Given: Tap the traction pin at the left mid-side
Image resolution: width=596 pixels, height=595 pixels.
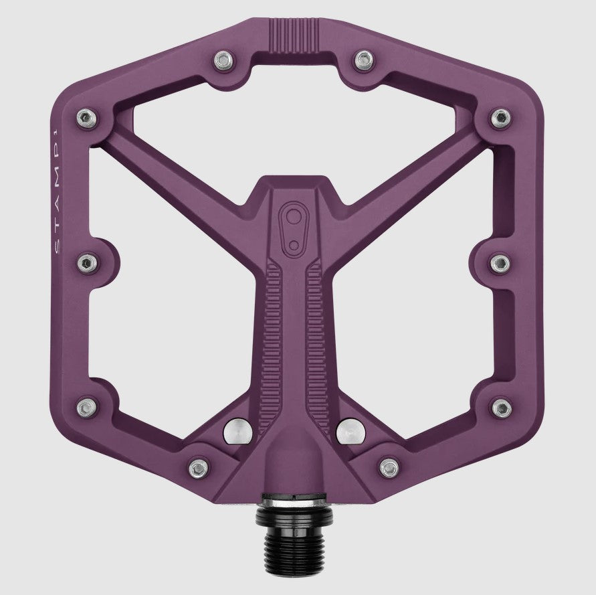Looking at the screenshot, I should point(87,263).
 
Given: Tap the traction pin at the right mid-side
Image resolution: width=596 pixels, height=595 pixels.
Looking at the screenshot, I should point(500,263).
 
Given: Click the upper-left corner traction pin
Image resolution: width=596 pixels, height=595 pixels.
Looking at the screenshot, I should point(86,118).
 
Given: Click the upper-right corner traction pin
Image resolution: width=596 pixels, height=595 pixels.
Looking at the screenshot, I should point(500,118).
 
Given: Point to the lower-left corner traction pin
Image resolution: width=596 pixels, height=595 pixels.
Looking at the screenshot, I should point(86,406).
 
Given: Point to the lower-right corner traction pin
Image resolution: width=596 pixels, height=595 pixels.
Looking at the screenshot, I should point(500,406).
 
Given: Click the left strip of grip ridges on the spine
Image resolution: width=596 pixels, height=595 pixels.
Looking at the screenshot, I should point(273,335).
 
